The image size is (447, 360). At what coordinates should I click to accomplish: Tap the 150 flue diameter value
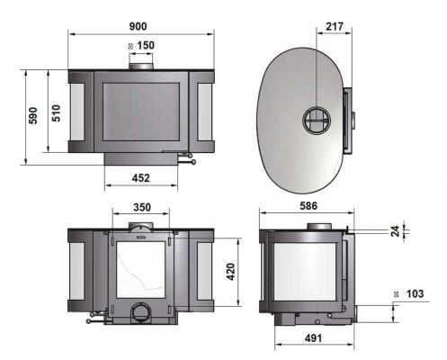[x=146, y=45]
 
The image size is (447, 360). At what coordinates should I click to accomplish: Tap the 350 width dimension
[x=141, y=206]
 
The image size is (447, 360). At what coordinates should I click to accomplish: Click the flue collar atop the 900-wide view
[x=141, y=66]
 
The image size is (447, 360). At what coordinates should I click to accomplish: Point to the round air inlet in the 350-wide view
[x=141, y=312]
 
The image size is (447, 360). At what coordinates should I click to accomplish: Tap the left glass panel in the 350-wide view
[x=77, y=275]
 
